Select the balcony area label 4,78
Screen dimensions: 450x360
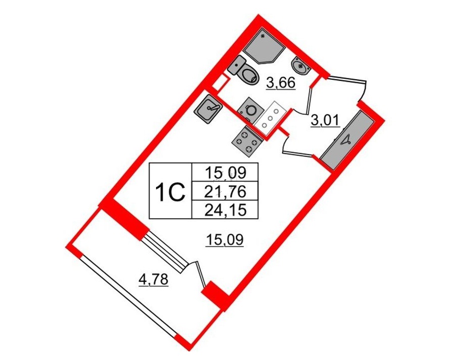point(153,280)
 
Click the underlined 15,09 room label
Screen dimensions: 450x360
point(225,240)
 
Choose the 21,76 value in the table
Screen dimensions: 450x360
point(225,192)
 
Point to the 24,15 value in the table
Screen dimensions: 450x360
point(225,211)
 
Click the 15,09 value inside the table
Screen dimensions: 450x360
point(225,173)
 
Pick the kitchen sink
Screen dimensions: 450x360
point(208,110)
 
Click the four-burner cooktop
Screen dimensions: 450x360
point(247,141)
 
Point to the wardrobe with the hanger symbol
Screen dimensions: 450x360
point(347,140)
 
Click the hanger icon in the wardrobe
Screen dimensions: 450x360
point(346,140)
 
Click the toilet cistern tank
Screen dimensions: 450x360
point(236,65)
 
